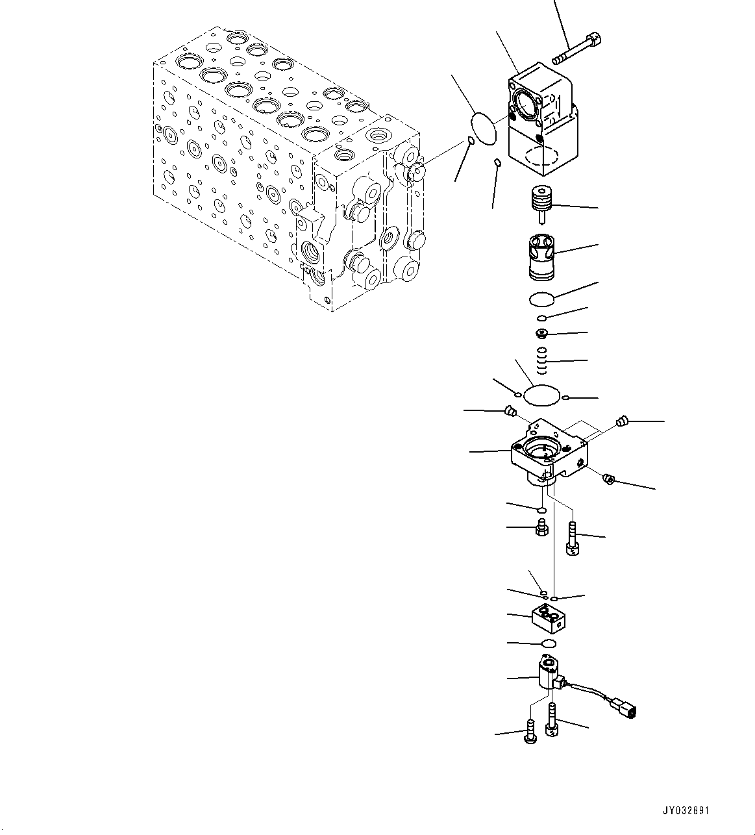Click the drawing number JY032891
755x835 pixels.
point(686,810)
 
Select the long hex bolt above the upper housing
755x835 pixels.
point(577,49)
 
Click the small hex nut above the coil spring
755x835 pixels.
point(541,334)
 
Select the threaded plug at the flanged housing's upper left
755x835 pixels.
point(510,410)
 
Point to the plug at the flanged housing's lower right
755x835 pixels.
point(609,479)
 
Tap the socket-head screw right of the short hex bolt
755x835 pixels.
point(572,540)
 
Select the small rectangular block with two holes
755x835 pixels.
point(549,619)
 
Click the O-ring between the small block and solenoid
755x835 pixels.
point(548,643)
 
